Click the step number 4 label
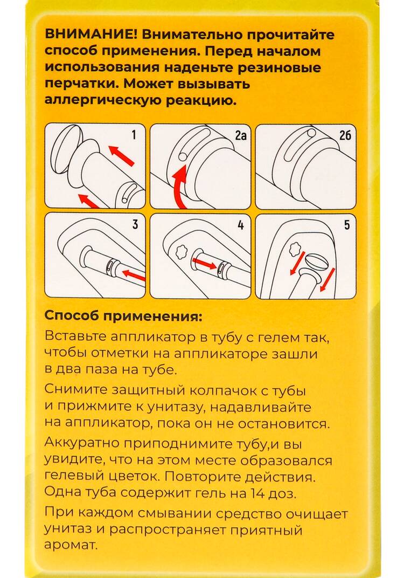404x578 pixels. (241, 223)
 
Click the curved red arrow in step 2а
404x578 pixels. (179, 186)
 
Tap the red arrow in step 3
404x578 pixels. (134, 276)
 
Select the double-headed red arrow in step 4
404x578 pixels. (205, 264)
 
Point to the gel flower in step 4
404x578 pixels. (179, 252)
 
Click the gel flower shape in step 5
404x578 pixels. (295, 249)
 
